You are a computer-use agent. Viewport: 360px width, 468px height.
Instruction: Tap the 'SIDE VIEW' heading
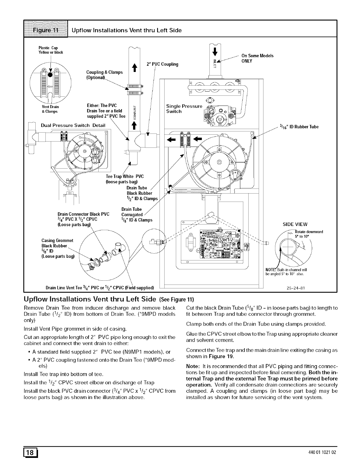(295, 224)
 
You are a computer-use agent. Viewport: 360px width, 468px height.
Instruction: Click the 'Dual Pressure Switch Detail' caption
(73, 125)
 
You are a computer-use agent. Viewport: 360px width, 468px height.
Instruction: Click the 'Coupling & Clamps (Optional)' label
(104, 75)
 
